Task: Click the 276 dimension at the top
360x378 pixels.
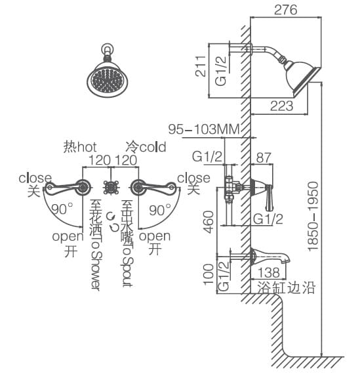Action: coord(285,9)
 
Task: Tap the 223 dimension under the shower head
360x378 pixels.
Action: coord(281,106)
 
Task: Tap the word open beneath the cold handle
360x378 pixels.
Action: coord(155,236)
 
